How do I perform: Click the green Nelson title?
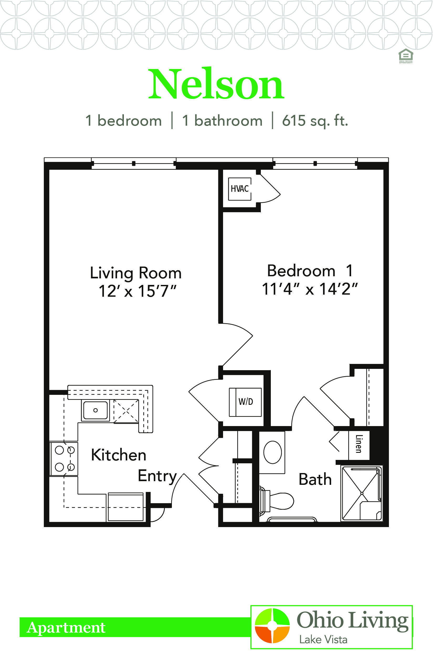click(x=216, y=84)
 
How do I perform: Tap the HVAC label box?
click(x=240, y=189)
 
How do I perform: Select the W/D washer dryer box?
click(x=245, y=402)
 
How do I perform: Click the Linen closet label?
click(x=359, y=444)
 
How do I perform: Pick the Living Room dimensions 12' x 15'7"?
click(x=138, y=291)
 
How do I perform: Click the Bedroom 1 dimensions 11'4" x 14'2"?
click(x=310, y=289)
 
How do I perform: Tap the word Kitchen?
click(x=119, y=455)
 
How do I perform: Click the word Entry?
click(x=157, y=476)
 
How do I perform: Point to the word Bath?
click(x=315, y=479)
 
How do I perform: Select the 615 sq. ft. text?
click(x=315, y=121)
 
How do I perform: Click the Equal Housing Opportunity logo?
click(x=406, y=56)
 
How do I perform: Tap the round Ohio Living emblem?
click(x=272, y=626)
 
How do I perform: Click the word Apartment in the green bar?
click(x=66, y=627)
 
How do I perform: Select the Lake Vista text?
click(x=323, y=640)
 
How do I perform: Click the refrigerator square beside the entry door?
click(x=126, y=507)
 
